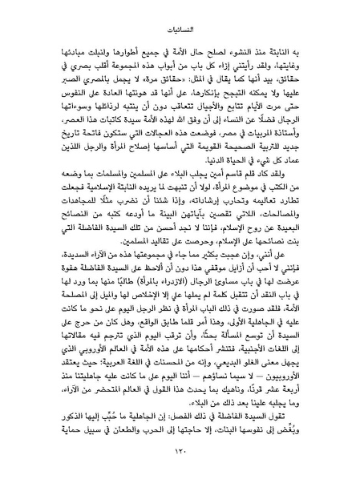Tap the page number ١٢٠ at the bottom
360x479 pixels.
pyautogui.click(x=180, y=453)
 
